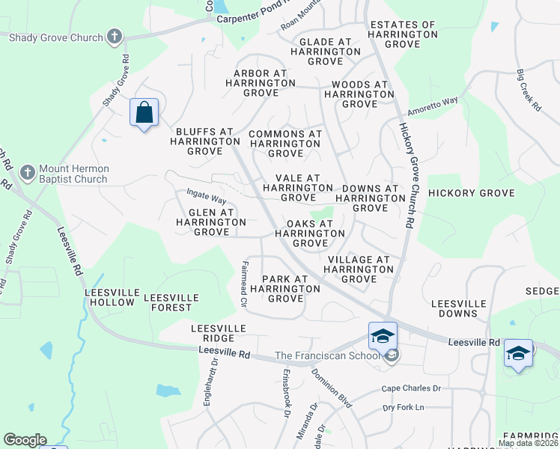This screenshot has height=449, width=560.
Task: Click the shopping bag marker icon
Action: tap(144, 113)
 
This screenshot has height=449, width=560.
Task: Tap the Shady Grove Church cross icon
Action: tap(114, 36)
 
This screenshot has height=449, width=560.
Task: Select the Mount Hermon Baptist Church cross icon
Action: tap(27, 173)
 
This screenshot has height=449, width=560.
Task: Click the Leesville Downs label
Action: tap(458, 309)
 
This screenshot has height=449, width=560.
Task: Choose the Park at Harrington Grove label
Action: tap(284, 289)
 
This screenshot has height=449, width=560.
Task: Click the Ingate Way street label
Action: tap(207, 197)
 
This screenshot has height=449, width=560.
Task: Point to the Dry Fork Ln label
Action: tap(403, 407)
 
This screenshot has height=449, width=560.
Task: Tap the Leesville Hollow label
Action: tap(110, 297)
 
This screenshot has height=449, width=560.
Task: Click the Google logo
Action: tap(25, 440)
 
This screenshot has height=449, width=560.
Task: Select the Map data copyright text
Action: tap(528, 443)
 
